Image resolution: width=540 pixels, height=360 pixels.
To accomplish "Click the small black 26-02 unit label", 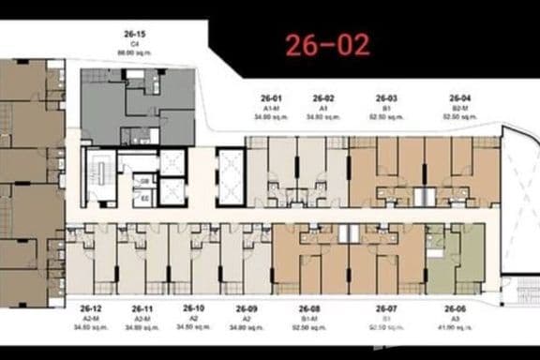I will pos(323,97).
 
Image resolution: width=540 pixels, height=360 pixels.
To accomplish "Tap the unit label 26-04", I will pos(459,97).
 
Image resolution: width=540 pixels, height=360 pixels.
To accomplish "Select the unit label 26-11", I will pos(142,308).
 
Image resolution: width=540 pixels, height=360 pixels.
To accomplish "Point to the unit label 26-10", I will pos(193,307).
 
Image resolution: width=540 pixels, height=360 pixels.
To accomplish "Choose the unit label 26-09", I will pos(246,308).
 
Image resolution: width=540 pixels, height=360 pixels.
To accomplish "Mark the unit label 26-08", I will pos(309,308).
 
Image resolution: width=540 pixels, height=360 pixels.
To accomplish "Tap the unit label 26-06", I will pos(456,308).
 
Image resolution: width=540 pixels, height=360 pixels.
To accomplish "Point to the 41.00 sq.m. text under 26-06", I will pos(456,328).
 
